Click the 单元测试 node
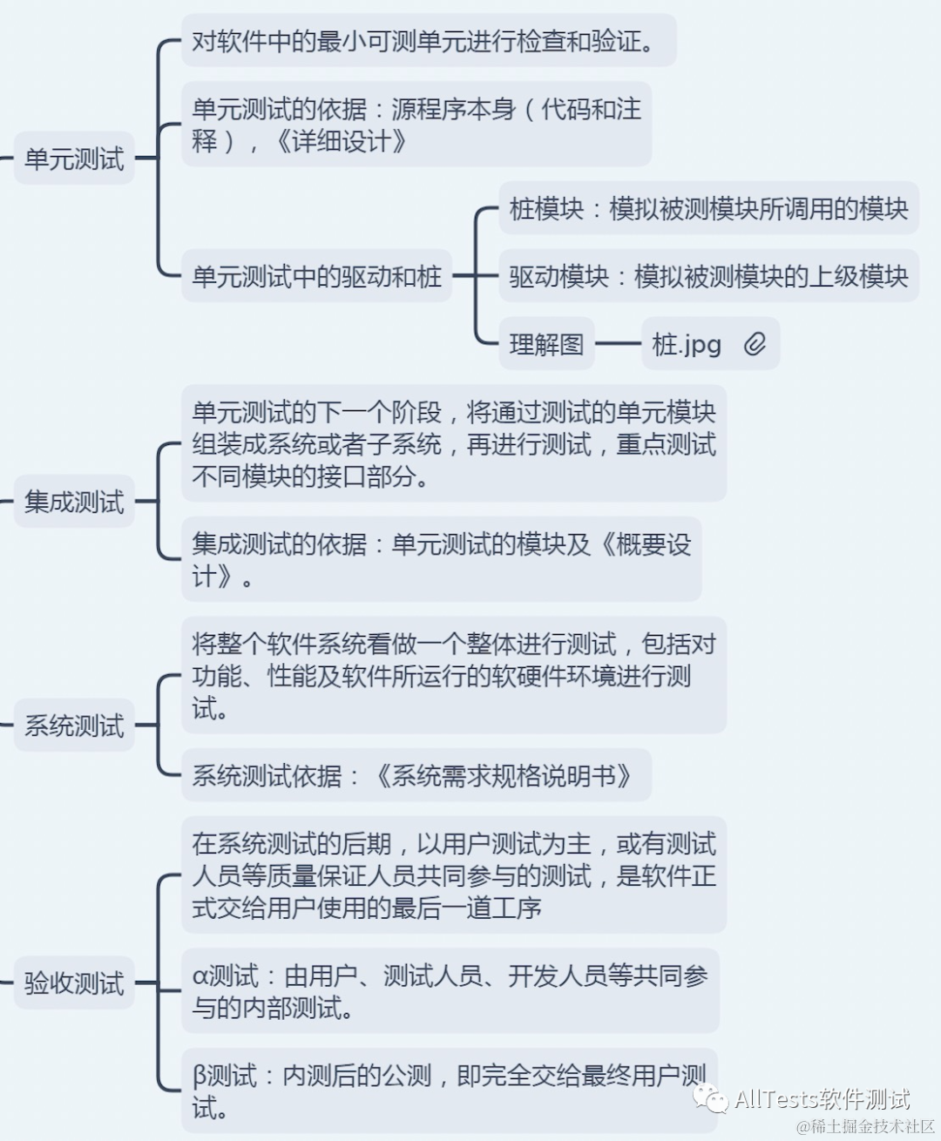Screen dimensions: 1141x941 [x=74, y=159]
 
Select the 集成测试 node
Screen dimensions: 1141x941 [x=74, y=502]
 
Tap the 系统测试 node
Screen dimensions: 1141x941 [x=74, y=725]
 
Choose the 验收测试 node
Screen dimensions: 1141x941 [x=74, y=983]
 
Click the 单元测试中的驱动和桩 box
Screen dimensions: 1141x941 [x=316, y=276]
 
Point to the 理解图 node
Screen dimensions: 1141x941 [x=546, y=344]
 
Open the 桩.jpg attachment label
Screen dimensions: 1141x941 [x=687, y=344]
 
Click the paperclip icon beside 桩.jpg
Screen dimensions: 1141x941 [x=755, y=344]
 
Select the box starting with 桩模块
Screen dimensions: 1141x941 [x=708, y=209]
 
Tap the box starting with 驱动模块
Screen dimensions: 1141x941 [x=708, y=276]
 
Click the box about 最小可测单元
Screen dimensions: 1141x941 [x=427, y=41]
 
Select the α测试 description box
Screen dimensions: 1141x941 [x=450, y=991]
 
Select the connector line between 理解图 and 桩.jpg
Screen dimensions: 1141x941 [x=618, y=344]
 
